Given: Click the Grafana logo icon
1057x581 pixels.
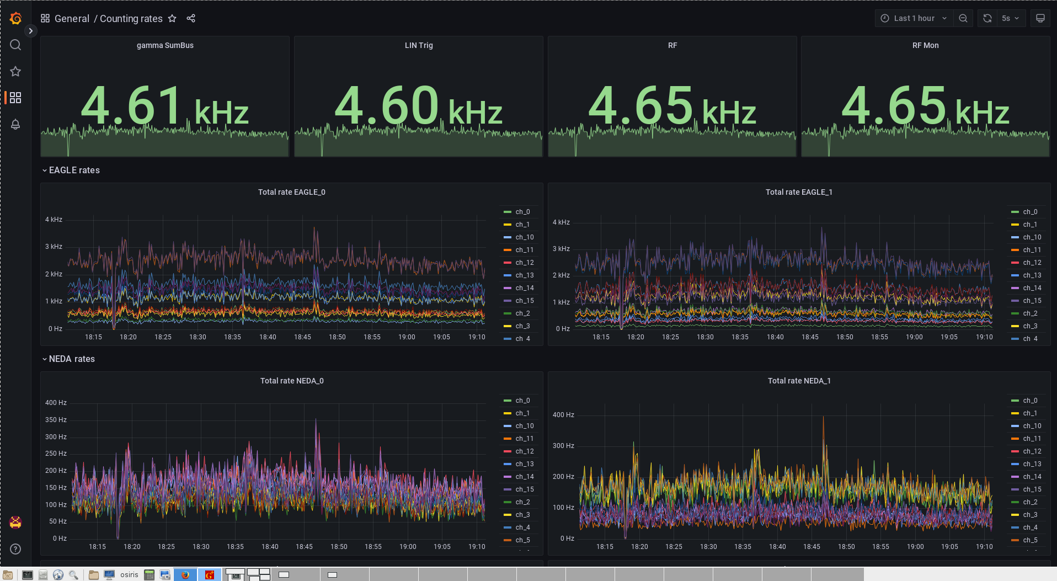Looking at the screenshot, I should click(15, 18).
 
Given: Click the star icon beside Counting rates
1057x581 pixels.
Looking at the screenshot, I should click(172, 18).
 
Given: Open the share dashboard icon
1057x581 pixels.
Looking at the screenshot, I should click(191, 18).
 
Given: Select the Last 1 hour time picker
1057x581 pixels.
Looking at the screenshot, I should click(914, 18).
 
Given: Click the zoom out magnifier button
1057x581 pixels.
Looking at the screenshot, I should click(963, 18).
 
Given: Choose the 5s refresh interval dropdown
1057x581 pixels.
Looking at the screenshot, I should click(1011, 18).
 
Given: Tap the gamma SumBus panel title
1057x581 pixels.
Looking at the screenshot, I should click(165, 45).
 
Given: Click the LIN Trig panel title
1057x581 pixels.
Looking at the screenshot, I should click(419, 45).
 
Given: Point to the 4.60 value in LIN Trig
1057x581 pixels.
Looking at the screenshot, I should click(387, 106).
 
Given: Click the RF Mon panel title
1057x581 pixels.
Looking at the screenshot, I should click(925, 45).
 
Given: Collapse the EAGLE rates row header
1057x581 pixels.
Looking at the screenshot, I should click(74, 170).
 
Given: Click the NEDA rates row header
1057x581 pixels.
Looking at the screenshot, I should click(72, 359).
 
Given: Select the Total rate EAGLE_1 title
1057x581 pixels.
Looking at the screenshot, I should click(799, 192).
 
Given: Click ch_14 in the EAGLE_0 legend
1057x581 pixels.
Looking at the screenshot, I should click(524, 288).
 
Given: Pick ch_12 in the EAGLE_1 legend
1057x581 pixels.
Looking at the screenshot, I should click(1032, 263).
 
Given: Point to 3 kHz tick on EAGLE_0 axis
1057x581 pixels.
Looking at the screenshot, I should click(54, 247).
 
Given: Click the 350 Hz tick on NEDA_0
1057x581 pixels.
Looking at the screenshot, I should click(56, 420).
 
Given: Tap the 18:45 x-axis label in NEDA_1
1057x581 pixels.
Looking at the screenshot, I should click(812, 547).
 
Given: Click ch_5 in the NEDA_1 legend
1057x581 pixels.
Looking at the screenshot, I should click(1030, 540).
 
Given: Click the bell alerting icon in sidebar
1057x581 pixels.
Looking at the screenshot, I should click(15, 124).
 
